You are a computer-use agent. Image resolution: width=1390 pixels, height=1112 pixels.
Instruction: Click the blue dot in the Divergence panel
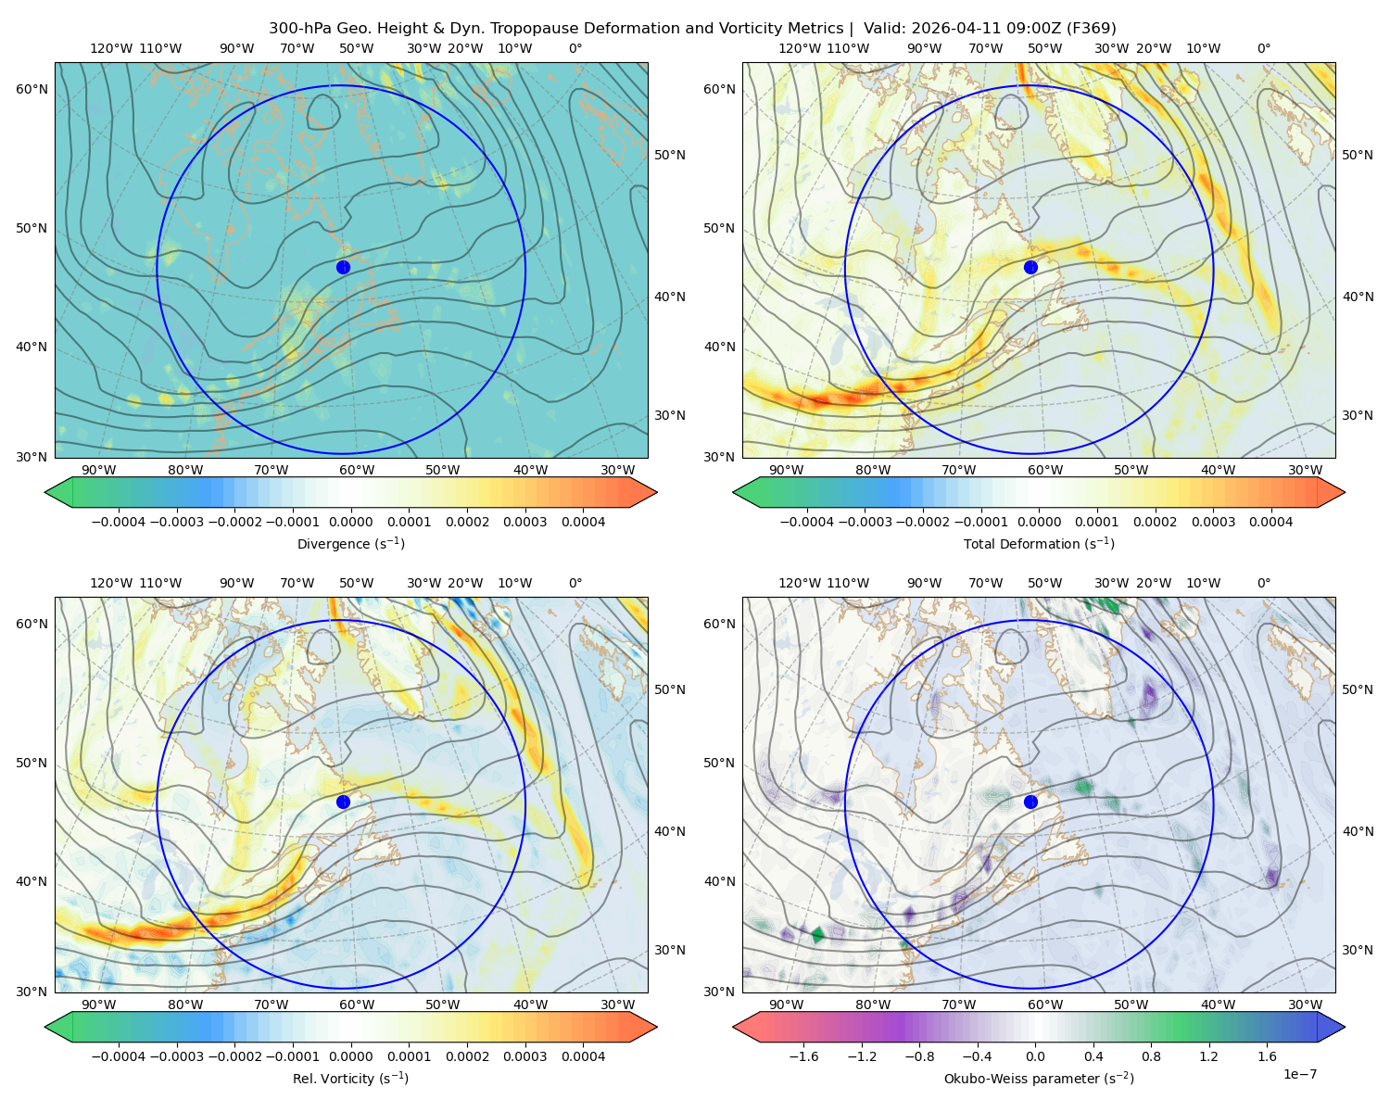343,268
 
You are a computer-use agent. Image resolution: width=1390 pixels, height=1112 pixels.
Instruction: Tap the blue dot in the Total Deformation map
1030,268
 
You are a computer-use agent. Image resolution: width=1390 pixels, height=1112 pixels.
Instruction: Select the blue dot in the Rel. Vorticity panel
343,802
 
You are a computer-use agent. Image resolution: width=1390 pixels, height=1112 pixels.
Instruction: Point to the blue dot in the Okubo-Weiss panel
1030,802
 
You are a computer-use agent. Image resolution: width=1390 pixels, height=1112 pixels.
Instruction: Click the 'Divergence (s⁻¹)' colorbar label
350,543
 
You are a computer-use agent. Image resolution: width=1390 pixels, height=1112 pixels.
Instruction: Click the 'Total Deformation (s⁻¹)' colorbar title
1039,543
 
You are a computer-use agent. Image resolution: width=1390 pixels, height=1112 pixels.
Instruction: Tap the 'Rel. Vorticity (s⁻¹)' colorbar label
350,1078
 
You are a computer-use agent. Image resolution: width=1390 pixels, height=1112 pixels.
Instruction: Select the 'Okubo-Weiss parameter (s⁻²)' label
1039,1078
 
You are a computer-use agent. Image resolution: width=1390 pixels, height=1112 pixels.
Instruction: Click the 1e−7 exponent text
1299,1074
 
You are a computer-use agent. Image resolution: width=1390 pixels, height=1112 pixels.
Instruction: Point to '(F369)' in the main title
1091,29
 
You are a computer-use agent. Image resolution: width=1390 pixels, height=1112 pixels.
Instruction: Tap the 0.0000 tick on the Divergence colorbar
350,522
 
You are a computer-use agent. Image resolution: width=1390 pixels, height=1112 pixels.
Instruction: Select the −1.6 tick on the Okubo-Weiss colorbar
803,1056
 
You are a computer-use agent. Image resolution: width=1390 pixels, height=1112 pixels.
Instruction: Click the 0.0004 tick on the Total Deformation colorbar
1270,522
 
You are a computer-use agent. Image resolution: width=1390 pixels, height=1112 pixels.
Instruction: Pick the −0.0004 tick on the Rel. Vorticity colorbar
119,1056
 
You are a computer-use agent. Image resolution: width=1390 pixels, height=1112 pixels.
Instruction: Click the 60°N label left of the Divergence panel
32,89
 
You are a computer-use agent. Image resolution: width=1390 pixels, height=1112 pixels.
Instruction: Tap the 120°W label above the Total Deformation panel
799,48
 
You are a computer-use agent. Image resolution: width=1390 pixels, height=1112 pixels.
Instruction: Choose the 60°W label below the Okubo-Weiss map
1044,1005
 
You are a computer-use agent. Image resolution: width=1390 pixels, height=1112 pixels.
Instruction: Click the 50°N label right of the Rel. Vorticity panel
670,689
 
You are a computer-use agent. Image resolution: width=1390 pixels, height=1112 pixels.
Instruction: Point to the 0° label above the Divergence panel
575,48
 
